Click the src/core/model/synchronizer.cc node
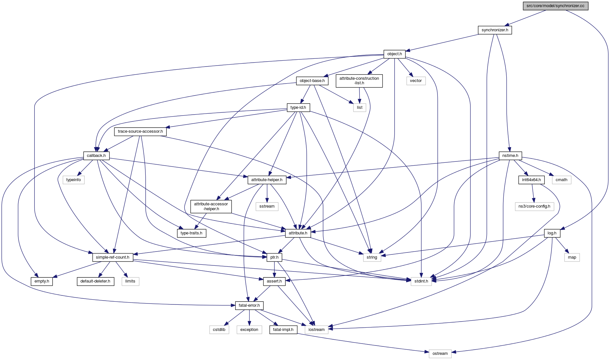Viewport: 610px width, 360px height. (x=555, y=6)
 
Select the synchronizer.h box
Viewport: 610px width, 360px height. (x=495, y=30)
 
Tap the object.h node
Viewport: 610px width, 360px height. (x=394, y=54)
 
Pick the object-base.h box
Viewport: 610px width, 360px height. (x=312, y=81)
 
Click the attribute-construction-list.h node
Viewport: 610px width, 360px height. (x=359, y=81)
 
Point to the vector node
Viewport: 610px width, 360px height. (x=416, y=81)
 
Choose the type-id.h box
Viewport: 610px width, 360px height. (x=298, y=108)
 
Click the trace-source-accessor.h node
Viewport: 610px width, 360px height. (x=140, y=131)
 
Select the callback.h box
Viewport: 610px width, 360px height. (x=96, y=156)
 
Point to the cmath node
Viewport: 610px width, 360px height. (x=562, y=180)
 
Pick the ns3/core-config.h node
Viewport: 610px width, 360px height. (x=534, y=206)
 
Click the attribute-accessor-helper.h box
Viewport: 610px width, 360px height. (x=211, y=206)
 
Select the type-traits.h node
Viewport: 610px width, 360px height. (x=192, y=233)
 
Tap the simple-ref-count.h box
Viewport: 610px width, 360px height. (x=112, y=257)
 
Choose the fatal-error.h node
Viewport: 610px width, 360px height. (x=249, y=305)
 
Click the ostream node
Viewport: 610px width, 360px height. (x=440, y=354)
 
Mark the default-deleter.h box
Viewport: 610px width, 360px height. (x=95, y=281)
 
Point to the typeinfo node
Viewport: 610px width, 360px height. (x=74, y=180)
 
